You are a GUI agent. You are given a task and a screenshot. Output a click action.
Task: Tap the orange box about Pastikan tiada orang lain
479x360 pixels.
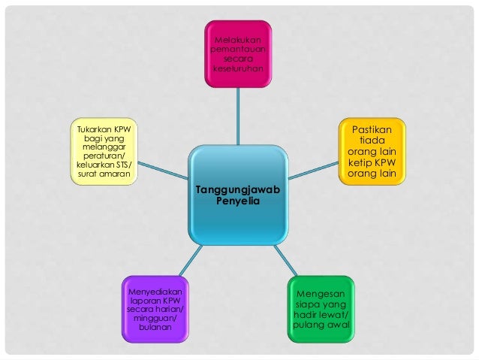click(x=371, y=150)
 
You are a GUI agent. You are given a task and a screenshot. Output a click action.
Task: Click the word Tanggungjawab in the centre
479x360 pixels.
click(x=237, y=192)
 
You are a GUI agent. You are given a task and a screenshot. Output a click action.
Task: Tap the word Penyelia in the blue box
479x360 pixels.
click(x=237, y=202)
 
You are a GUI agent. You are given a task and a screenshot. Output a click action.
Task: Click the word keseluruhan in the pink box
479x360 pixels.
click(x=239, y=68)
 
